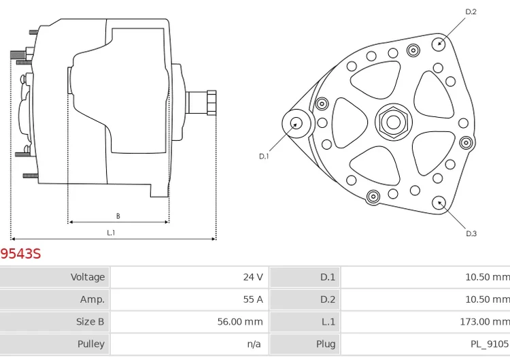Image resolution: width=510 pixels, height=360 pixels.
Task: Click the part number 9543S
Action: pos(21,254)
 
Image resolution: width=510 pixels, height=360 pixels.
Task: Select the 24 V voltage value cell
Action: pos(252,277)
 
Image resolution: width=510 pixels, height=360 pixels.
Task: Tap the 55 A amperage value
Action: pos(252,299)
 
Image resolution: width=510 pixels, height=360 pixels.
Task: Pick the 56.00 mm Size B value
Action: pos(239,322)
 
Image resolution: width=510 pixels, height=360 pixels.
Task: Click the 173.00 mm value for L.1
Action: pos(485,322)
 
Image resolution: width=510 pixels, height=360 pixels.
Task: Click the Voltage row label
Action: pos(88,277)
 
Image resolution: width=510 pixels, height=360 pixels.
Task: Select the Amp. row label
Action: pos(92,299)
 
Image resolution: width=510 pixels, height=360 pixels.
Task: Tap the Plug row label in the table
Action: pos(325,344)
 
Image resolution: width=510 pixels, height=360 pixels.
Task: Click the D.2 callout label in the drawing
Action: pos(471,12)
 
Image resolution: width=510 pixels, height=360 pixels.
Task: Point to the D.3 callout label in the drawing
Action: pos(471,233)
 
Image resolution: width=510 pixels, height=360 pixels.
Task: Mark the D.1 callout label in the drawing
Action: pos(264,157)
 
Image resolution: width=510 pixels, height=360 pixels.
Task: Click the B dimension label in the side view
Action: pos(118,216)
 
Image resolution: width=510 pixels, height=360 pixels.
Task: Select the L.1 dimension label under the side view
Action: pos(111,233)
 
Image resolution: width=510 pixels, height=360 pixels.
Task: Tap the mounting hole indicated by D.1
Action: pos(296,123)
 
